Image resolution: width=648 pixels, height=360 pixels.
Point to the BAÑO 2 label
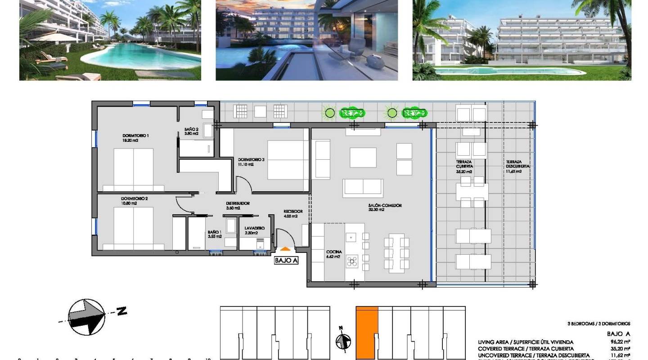[191, 131]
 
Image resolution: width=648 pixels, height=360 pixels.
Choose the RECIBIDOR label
[292, 213]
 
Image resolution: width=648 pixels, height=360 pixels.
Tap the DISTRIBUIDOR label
[238, 206]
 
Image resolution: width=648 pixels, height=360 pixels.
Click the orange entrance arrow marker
[285, 248]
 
